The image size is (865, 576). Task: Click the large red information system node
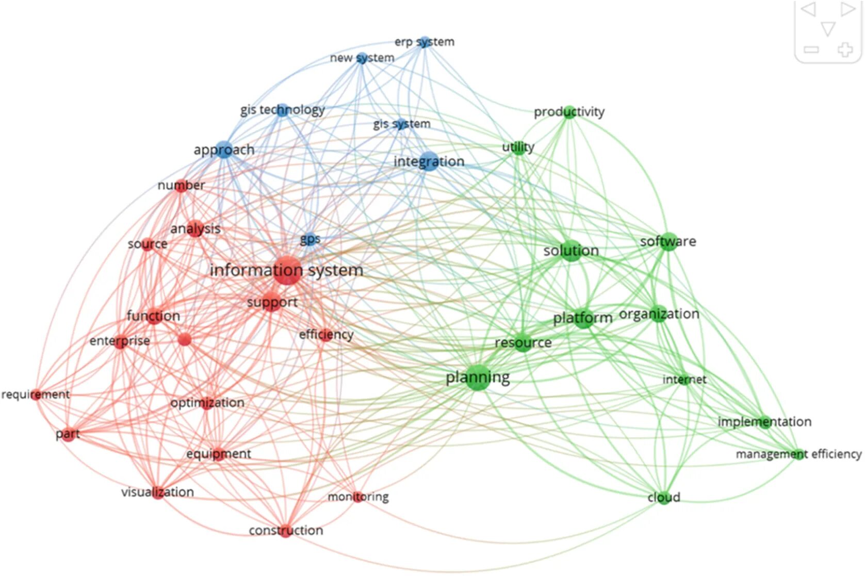coord(287,270)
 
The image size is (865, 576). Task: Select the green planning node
coord(478,377)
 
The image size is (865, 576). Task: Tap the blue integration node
coord(429,161)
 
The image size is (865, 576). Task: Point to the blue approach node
coord(224,150)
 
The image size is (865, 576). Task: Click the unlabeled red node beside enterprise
coord(184,339)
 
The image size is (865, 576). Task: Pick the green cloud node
coord(663,498)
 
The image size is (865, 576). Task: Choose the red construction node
coord(286,531)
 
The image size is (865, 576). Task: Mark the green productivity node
coord(569,112)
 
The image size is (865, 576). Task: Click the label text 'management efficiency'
coord(798,454)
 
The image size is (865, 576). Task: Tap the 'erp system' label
coord(424,42)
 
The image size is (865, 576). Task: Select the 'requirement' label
coord(35,394)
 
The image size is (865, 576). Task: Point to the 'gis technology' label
coord(282,110)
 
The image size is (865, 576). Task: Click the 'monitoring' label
coord(358,497)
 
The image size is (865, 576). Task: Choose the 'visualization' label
coord(157,492)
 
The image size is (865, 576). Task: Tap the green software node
coord(668,241)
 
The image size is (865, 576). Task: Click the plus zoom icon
coord(844,50)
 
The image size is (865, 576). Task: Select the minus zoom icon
coord(811,50)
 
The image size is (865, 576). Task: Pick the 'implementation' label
coord(764,422)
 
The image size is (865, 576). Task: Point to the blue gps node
coord(310,239)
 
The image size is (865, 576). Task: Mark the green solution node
coord(571,251)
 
